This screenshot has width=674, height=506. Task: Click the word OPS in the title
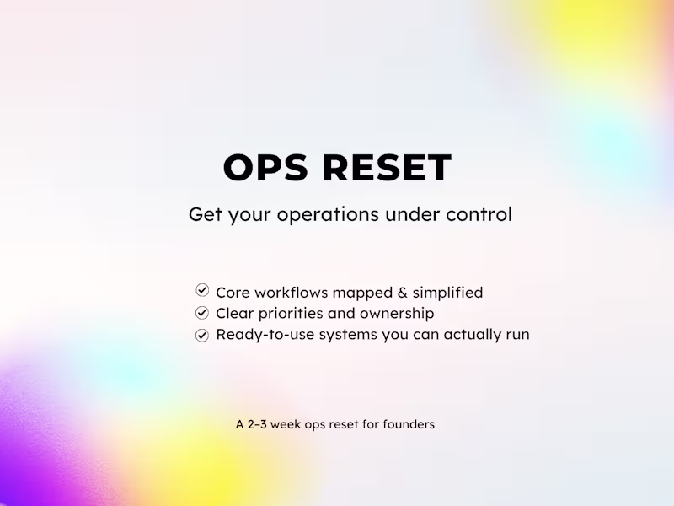click(x=267, y=168)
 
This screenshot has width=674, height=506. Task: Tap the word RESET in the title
click(x=387, y=168)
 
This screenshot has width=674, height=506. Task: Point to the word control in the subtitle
click(x=480, y=214)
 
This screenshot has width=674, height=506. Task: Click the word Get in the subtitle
click(x=205, y=215)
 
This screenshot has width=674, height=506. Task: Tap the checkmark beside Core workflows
click(x=202, y=291)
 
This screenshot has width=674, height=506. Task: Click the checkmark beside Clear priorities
click(x=202, y=313)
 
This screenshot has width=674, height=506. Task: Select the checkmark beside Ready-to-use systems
click(x=202, y=335)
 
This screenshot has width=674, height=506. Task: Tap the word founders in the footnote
click(x=409, y=424)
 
